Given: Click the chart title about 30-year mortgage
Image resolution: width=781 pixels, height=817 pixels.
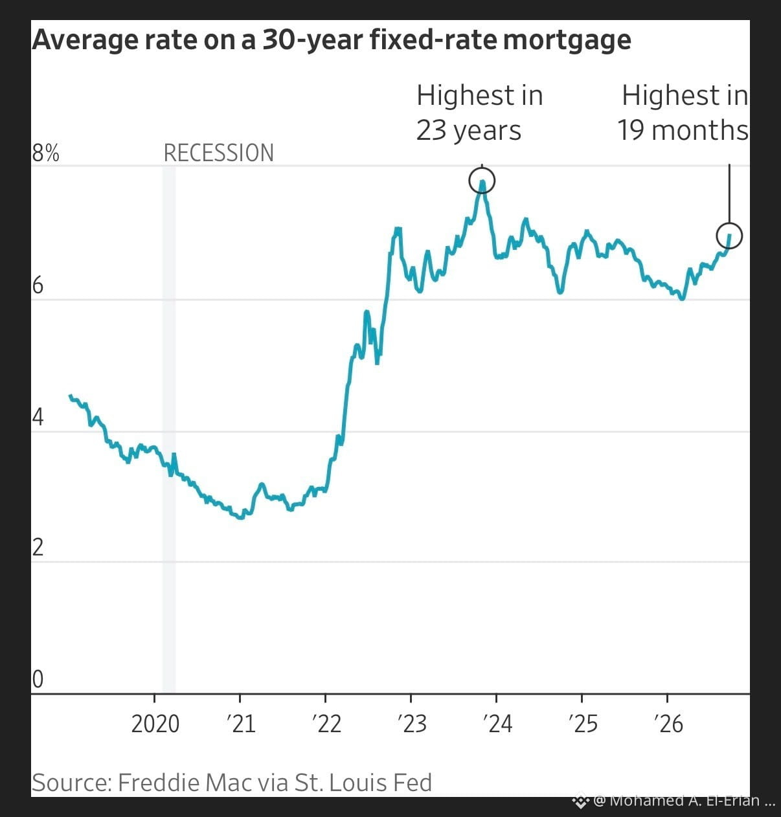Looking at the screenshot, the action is pyautogui.click(x=332, y=41).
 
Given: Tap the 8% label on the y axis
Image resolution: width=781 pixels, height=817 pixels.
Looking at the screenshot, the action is pyautogui.click(x=45, y=153).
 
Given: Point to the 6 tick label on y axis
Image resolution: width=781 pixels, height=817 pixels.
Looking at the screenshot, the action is pyautogui.click(x=38, y=285).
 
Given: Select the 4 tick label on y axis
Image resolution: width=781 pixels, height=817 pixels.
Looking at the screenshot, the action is pyautogui.click(x=38, y=418).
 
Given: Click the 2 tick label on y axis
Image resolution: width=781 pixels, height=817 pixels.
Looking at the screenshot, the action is pyautogui.click(x=38, y=548).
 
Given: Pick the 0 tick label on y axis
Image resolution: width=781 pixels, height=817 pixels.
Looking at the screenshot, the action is pyautogui.click(x=38, y=679).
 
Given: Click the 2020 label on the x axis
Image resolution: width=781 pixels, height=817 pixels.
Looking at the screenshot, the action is pyautogui.click(x=155, y=724).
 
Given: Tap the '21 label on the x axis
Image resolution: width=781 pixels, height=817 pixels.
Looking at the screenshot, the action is pyautogui.click(x=241, y=724).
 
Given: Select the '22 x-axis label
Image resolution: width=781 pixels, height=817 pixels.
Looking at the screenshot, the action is pyautogui.click(x=326, y=724).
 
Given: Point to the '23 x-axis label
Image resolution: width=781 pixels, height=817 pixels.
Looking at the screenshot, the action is pyautogui.click(x=413, y=724).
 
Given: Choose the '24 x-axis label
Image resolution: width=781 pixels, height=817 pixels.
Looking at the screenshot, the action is pyautogui.click(x=498, y=724).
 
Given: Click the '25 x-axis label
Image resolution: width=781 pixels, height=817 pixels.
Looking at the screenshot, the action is pyautogui.click(x=583, y=724).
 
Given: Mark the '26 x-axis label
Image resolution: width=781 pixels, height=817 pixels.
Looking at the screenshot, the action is pyautogui.click(x=669, y=724).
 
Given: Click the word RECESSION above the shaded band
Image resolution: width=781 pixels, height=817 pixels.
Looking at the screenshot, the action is pyautogui.click(x=218, y=153).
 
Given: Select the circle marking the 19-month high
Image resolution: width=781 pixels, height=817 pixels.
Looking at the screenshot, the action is pyautogui.click(x=729, y=223).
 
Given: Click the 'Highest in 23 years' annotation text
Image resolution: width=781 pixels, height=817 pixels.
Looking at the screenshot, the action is pyautogui.click(x=479, y=113).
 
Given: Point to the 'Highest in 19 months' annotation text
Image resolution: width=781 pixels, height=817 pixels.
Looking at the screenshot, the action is pyautogui.click(x=683, y=113).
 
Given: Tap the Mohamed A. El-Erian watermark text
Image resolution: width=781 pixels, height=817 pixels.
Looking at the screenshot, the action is pyautogui.click(x=685, y=801).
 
